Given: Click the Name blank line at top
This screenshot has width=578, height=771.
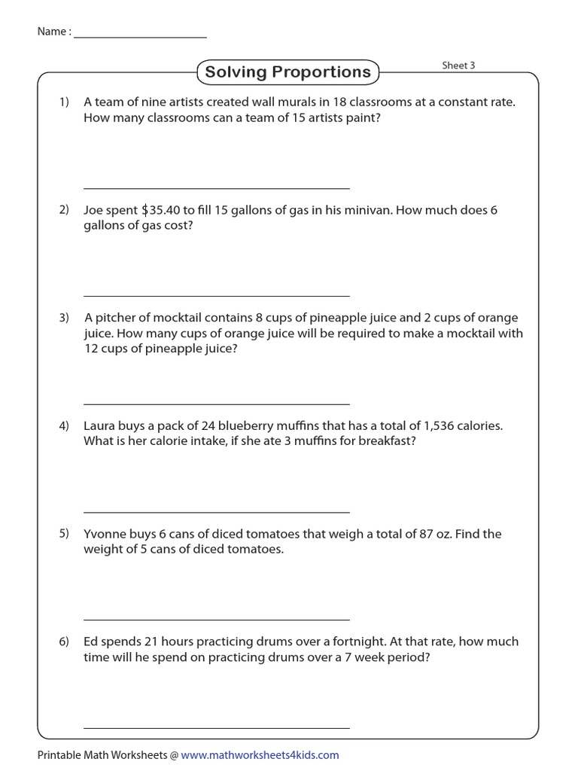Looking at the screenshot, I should point(140,37).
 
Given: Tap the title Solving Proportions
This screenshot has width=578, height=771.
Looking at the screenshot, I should point(288,72).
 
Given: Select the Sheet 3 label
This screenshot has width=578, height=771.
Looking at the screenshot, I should point(458,66).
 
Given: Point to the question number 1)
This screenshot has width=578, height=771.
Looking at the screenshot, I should point(64,102).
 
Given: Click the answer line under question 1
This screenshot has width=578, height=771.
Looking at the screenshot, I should point(217,188).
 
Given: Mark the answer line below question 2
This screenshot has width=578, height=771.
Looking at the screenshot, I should point(217,296).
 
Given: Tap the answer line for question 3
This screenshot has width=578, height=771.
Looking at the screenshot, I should point(217,404).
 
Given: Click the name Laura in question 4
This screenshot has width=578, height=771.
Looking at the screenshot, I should point(100,425).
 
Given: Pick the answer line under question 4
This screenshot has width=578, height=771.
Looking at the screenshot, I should point(217,512).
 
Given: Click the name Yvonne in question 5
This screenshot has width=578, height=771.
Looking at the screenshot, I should point(105,534).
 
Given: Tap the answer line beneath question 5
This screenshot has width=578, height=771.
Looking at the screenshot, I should point(217,620).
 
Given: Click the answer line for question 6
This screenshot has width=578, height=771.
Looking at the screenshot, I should point(217,728).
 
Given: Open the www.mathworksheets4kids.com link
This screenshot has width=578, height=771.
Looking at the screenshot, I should point(260,754).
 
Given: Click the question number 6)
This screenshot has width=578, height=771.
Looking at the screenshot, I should point(64,641).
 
